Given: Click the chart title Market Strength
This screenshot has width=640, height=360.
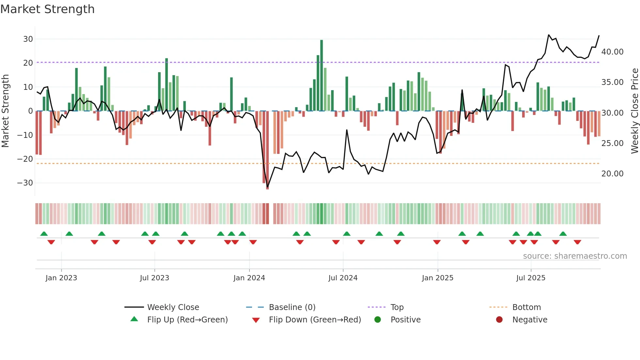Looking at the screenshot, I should point(47,9).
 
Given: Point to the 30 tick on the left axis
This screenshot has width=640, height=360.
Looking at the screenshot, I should point(28,39).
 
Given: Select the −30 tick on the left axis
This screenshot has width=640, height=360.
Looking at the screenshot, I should point(25,183).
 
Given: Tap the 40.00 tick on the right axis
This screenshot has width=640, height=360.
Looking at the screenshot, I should point(612,52).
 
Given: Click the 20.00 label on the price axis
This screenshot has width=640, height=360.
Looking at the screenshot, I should point(612,174).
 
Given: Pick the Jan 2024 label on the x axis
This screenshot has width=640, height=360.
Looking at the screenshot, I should point(249,278).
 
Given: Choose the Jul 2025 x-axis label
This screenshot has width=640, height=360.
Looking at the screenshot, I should point(531,278).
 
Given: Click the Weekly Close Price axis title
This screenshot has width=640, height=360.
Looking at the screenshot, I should point(634,111).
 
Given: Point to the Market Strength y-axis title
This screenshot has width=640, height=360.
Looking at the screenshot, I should point(5,111).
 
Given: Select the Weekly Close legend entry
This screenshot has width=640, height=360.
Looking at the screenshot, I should point(173,307).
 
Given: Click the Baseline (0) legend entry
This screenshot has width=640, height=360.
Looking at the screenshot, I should point(292,307).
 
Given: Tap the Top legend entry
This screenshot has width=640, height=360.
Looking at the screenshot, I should point(397,307).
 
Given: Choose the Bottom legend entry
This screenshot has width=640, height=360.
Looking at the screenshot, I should point(526,307).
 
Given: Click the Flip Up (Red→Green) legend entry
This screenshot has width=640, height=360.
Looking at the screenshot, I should point(187,320).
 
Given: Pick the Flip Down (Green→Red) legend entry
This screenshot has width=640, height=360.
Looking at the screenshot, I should point(315,320).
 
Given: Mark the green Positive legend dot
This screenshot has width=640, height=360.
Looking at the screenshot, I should point(377,320).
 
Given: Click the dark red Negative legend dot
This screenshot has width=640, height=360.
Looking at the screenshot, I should point(499,320).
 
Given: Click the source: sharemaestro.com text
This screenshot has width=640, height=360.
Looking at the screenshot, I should point(575,256).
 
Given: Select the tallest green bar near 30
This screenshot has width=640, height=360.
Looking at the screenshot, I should point(322,75).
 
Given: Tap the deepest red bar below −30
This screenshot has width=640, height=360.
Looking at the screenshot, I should point(267,150).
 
